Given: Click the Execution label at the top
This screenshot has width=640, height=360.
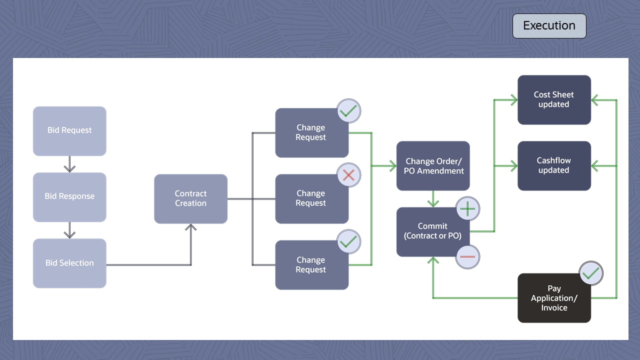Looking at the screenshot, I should pos(549,26).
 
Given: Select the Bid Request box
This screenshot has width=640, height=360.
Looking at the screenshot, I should pos(69,130).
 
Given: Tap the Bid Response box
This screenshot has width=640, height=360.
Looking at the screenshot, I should pos(69,196).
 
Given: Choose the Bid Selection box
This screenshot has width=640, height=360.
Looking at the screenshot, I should pos(69,263).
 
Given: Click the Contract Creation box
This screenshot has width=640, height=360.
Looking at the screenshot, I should pos(190,198).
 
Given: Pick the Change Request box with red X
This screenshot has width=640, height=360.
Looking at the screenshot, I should pos(311,198).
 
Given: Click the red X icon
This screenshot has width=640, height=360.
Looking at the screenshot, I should pos(348,175).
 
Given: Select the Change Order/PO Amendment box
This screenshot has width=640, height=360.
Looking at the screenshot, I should pos(433,165).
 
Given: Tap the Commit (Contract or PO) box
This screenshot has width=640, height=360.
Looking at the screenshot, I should pos(433,231).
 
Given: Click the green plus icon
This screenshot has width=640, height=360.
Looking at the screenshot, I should pos(467,208).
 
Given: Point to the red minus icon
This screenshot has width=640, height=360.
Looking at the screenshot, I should pos(467,256).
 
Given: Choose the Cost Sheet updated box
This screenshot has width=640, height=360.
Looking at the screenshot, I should pos(554,99).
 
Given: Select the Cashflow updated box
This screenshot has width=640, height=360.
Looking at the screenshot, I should pos(554,165).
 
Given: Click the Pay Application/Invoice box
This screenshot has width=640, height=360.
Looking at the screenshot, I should pos(554,298).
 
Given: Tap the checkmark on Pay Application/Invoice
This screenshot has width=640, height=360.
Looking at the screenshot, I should pos(591,273).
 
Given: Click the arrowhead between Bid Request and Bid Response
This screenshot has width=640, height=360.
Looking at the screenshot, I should pos(70,168).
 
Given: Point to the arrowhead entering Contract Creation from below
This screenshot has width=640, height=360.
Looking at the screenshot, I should pos(191,227).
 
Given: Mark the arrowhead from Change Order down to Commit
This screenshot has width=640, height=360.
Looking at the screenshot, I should pos(433,203).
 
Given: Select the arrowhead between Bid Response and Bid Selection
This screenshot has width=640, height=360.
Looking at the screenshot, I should pos(70,234).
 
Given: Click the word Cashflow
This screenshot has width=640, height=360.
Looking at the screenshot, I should pos(553,160).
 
